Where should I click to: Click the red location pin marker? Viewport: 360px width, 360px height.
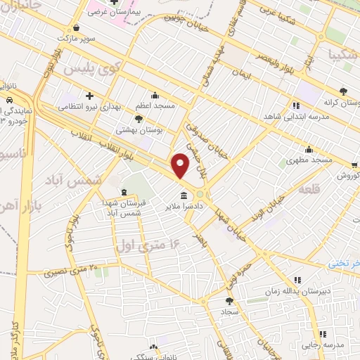(181, 166)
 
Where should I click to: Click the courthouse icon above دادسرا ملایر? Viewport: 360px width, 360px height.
(184, 195)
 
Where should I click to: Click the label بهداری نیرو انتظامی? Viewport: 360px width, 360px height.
(89, 105)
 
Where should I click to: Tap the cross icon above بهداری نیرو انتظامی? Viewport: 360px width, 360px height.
(89, 95)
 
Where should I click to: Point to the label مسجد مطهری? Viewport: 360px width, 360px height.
(309, 161)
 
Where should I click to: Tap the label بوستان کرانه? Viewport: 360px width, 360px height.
(342, 103)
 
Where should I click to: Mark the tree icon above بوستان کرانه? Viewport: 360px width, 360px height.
(343, 91)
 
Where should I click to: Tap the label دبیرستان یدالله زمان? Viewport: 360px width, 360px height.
(297, 290)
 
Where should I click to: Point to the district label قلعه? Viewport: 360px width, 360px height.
(309, 191)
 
